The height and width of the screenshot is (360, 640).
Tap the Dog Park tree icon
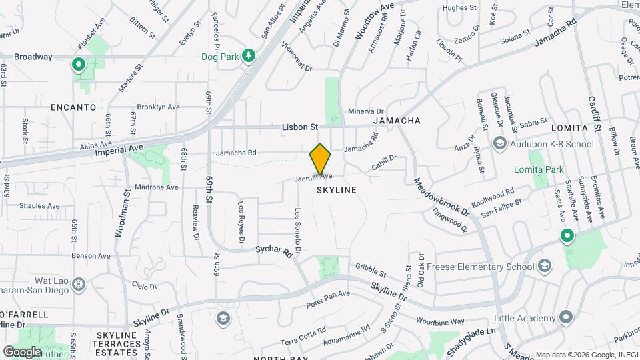coord(250,55)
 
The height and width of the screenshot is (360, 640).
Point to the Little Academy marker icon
coord(567,317)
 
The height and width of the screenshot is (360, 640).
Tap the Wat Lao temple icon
coord(79,285)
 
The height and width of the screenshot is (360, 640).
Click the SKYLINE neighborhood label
coord(337,190)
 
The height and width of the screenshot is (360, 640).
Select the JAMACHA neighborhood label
coord(397,121)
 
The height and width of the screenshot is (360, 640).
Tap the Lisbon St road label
coord(300,126)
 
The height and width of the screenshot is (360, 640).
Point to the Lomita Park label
coord(539,169)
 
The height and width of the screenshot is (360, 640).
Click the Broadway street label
coord(33,57)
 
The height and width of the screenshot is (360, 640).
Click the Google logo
coord(22,351)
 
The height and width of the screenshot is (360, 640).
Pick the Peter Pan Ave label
coord(328,299)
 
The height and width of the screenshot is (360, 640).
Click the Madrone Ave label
coord(157,187)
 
